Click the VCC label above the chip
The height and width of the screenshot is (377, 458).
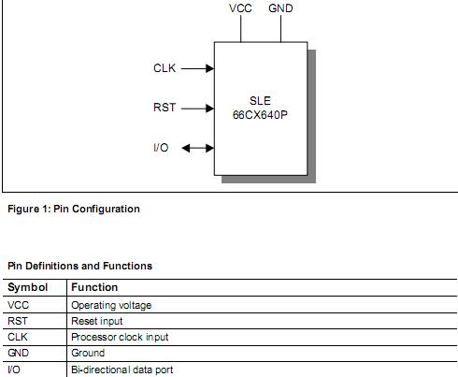[x=240, y=8]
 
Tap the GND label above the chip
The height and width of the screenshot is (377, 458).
[x=280, y=8]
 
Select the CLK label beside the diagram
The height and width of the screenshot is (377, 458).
[x=164, y=68]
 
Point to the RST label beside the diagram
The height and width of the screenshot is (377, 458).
[x=164, y=109]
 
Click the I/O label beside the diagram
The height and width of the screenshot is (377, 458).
[x=161, y=148]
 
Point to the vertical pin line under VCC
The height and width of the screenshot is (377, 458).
[x=240, y=29]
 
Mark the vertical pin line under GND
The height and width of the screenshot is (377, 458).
[x=280, y=29]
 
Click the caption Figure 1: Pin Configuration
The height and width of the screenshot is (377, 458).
[x=74, y=209]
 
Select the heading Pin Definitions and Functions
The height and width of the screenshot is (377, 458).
[x=79, y=266]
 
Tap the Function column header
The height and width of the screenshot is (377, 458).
[x=94, y=288]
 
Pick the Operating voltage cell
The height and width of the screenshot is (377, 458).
[x=111, y=305]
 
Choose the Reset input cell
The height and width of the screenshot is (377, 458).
[x=97, y=321]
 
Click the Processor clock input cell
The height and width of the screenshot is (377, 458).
[x=120, y=337]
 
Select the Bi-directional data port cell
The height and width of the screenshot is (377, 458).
[x=122, y=370]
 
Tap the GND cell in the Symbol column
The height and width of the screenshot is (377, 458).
[x=18, y=354]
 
